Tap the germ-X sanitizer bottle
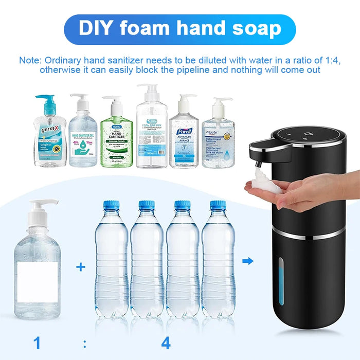(x=50, y=136)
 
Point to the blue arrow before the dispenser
(x=248, y=261)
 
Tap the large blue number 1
(x=37, y=342)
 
